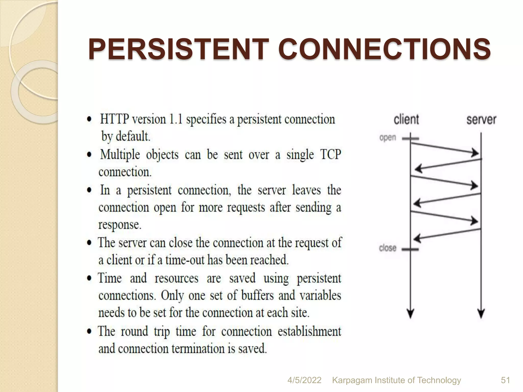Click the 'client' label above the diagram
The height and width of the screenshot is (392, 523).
click(406, 119)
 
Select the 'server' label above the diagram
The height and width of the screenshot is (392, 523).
click(481, 119)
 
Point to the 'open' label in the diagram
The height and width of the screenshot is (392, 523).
click(388, 138)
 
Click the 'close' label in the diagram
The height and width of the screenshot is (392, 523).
click(388, 248)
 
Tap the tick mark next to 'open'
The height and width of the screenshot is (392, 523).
click(410, 139)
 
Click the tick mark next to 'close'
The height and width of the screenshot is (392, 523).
click(410, 249)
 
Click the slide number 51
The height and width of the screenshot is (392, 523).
click(505, 380)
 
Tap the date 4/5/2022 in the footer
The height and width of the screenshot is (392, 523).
click(304, 380)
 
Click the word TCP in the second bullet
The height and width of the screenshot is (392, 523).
click(330, 154)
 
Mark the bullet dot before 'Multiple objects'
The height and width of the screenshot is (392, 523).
click(89, 155)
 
